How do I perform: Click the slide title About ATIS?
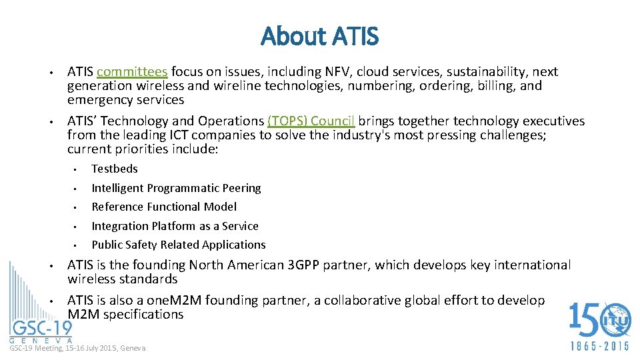(319, 36)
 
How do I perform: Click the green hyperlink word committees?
(132, 72)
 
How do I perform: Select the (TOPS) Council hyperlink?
(311, 121)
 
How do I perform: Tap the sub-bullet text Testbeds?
(115, 169)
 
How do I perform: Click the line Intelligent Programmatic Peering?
(176, 188)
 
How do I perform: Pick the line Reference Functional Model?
(164, 207)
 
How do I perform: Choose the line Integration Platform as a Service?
(175, 226)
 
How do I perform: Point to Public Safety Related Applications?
(179, 245)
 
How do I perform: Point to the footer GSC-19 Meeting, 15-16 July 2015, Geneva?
(77, 348)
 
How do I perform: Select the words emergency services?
(125, 100)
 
